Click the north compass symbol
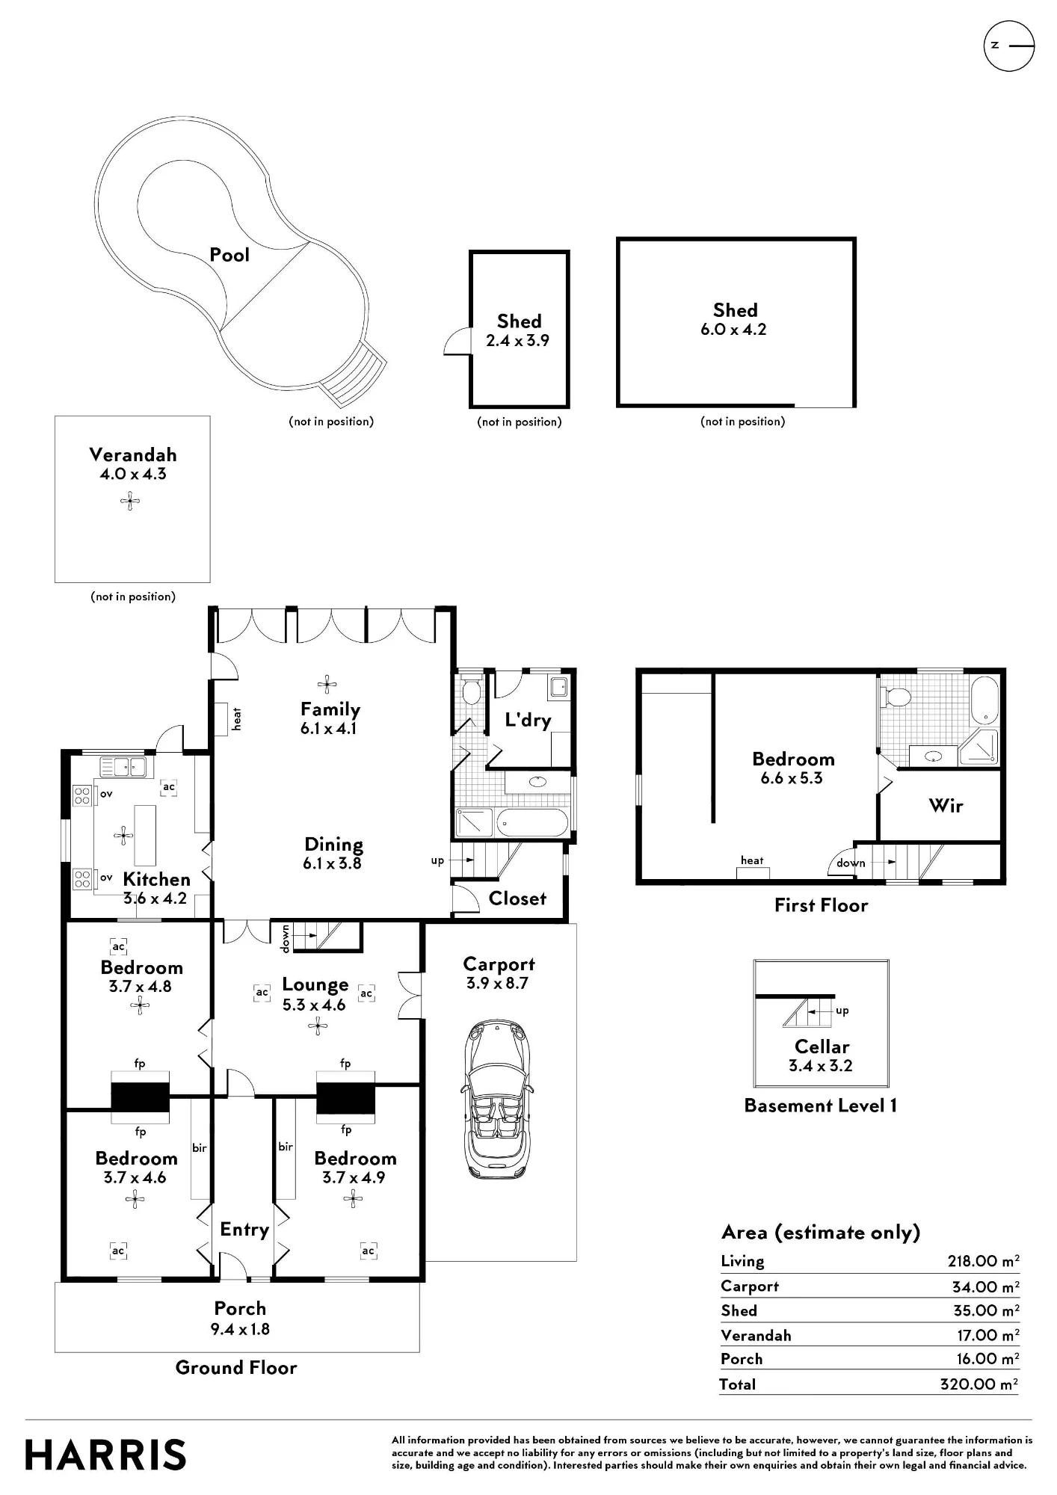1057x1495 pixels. pos(1008,46)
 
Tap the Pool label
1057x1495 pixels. pos(229,255)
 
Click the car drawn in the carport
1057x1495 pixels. pos(496,1100)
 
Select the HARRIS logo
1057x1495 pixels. pos(105,1455)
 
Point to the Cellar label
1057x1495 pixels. pos(822,1046)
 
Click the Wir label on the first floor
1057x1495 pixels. pos(946,805)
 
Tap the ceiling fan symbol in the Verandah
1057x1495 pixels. pos(130,501)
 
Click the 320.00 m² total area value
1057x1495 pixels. pos(979,1384)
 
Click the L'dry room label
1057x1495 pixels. pos(528,720)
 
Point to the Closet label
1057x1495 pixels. pos(517,898)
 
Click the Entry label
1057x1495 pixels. pos(244,1230)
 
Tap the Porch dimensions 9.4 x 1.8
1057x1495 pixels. pos(240,1329)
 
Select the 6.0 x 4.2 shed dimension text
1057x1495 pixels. pos(733,330)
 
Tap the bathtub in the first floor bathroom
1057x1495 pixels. pos(984,700)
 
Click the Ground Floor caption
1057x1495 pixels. pos(236,1367)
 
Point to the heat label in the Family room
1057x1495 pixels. pos(237,719)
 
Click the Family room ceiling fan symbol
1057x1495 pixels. pos(327,683)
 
